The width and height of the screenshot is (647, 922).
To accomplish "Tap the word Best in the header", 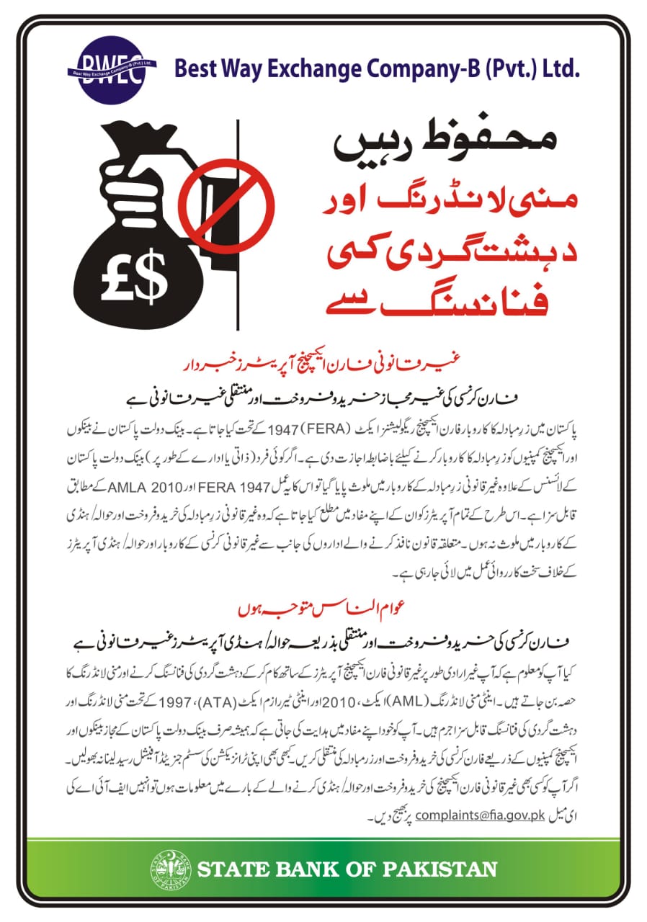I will click(195, 70).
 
